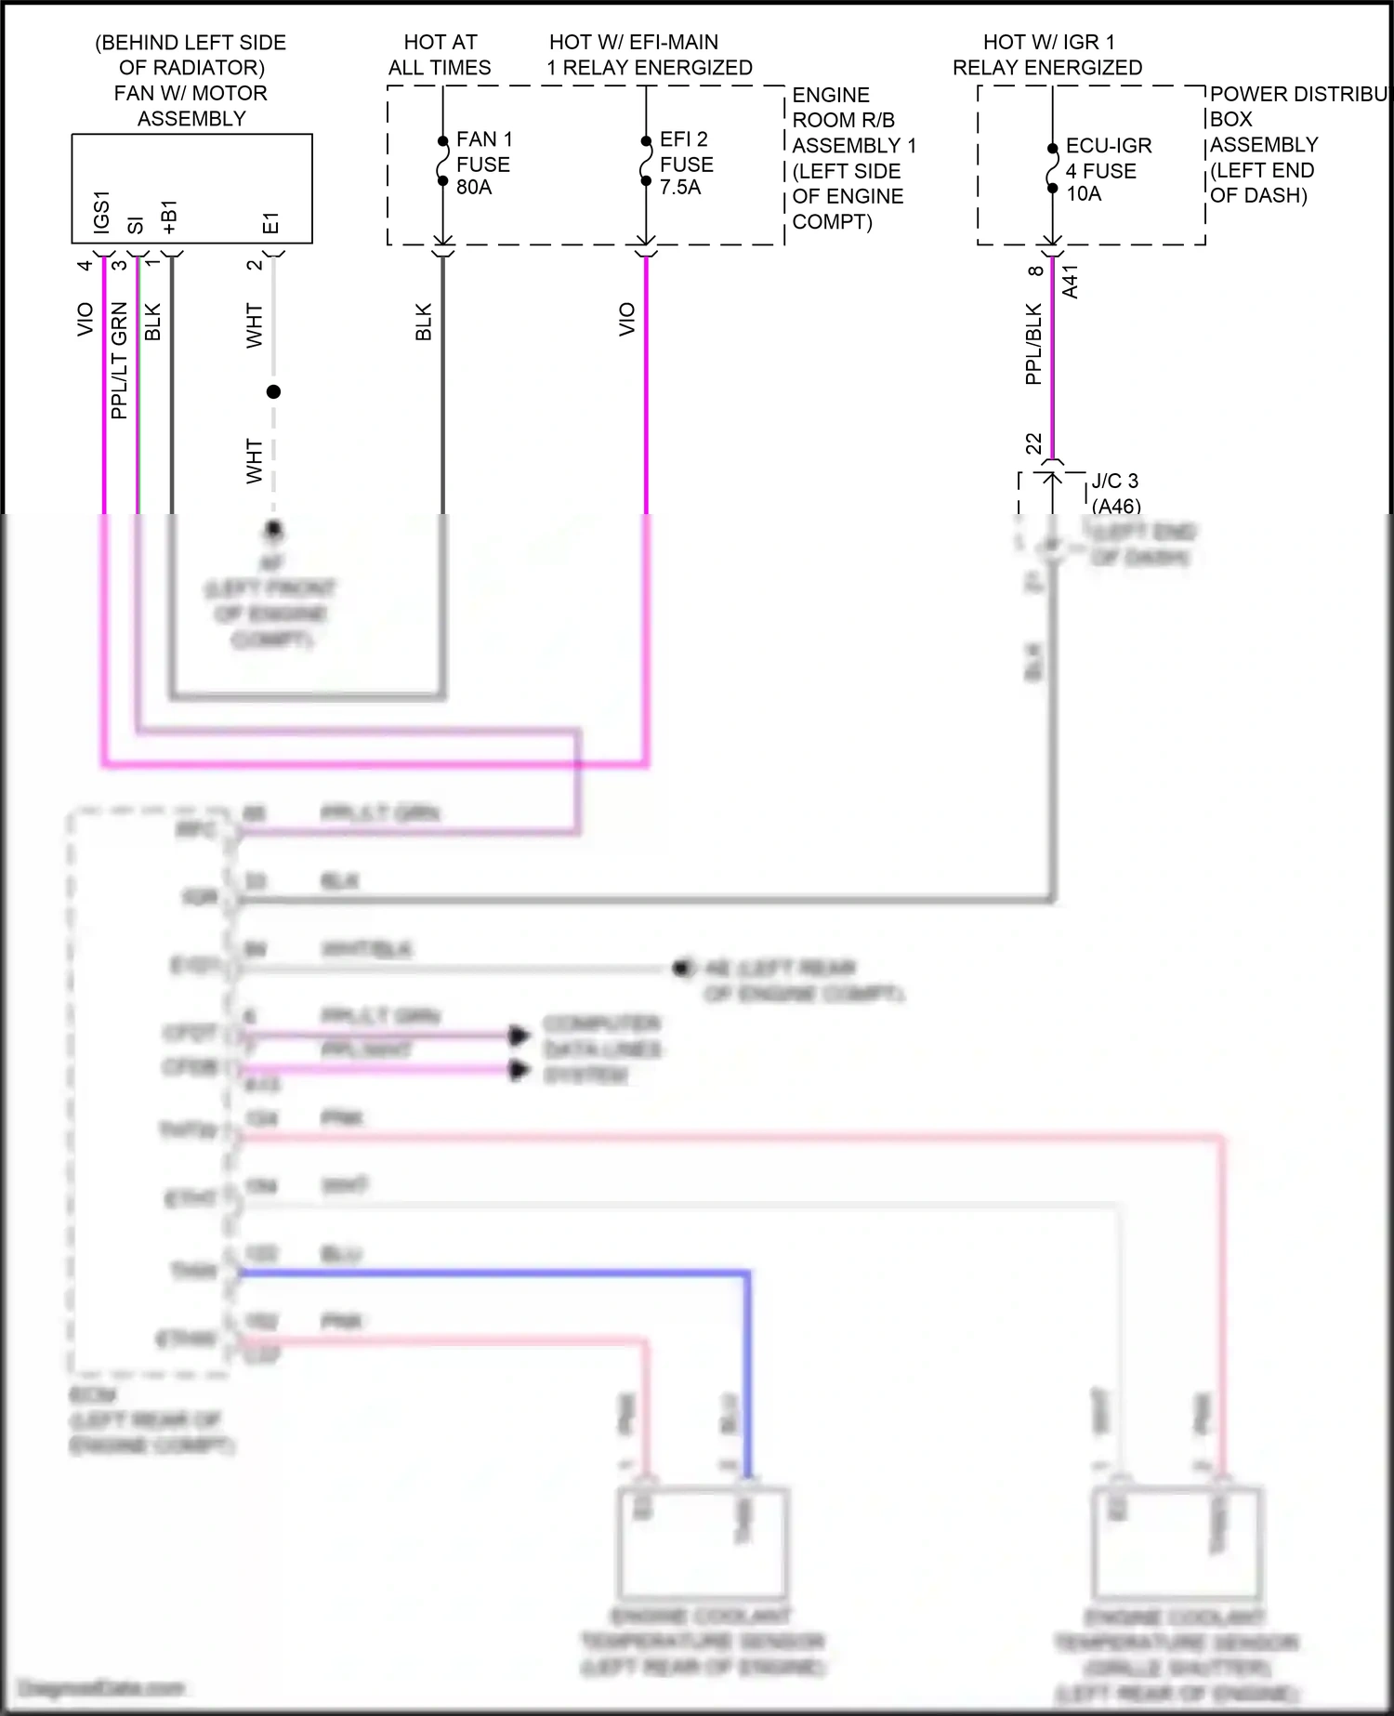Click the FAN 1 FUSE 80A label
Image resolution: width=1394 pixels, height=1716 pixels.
(x=483, y=164)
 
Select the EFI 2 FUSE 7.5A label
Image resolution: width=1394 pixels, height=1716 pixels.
(x=686, y=164)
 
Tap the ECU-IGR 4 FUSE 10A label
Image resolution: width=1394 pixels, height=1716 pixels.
(x=1108, y=170)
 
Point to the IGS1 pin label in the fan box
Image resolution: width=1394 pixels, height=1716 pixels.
(x=102, y=211)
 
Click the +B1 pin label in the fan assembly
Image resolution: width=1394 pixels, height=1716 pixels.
(x=170, y=217)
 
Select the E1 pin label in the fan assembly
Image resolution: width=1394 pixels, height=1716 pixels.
(x=270, y=223)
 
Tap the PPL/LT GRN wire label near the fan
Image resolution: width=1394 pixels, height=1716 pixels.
(x=119, y=361)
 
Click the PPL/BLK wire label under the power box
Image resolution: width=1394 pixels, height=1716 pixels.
(x=1033, y=345)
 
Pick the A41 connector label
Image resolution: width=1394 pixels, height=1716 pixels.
(x=1071, y=282)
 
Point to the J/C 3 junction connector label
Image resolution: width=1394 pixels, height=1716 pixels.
(x=1114, y=482)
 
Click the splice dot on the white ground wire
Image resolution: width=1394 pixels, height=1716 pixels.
(x=273, y=392)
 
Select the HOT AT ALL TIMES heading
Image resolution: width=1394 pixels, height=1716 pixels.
(x=440, y=55)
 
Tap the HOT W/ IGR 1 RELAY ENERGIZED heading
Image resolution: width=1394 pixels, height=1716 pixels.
(x=1047, y=55)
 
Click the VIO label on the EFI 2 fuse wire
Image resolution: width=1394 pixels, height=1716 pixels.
(x=627, y=319)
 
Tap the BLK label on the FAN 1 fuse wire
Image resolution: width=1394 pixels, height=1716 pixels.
(x=424, y=322)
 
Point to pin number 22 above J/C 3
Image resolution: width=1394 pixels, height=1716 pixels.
(x=1034, y=443)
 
